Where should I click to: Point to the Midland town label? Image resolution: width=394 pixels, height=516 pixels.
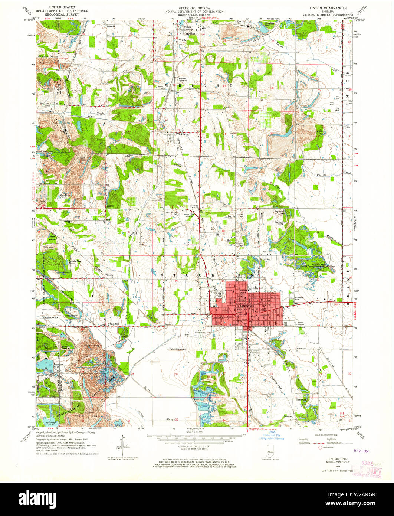(x=190, y=34)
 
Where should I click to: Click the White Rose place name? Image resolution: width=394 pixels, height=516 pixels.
(x=114, y=324)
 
